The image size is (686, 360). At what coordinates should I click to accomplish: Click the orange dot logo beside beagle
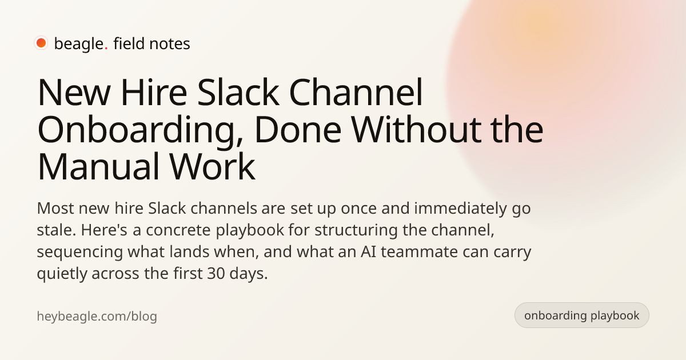41,43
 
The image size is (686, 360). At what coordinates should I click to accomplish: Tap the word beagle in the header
79,44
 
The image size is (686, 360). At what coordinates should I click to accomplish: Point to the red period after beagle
106,49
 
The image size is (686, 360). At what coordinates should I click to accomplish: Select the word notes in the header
170,44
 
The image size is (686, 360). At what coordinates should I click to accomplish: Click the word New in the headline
74,93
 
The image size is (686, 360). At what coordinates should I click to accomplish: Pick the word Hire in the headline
154,92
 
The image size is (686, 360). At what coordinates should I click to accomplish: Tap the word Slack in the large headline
238,91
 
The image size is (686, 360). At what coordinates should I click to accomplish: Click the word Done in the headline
298,130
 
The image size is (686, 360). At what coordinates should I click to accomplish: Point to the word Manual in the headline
98,166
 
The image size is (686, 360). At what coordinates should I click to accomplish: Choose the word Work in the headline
213,166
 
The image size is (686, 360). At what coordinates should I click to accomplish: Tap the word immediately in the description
461,209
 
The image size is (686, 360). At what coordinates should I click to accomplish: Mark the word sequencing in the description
80,253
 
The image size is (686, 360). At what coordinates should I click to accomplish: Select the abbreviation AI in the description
368,252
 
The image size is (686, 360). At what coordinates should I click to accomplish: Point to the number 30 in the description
216,274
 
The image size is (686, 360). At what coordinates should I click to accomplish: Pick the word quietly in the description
62,274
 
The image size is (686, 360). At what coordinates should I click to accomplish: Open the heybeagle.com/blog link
97,317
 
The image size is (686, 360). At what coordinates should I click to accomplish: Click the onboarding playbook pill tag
581,315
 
